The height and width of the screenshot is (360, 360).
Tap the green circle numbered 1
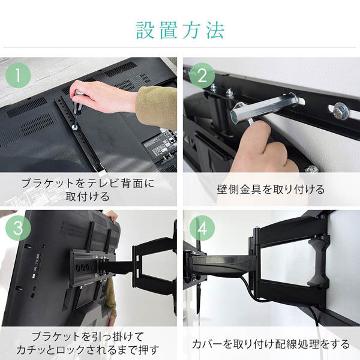coord(19,76)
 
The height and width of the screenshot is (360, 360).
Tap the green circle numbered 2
coord(202,76)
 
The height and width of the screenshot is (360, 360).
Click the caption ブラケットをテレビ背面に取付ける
coord(88,189)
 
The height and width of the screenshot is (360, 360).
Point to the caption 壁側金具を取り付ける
coord(271,190)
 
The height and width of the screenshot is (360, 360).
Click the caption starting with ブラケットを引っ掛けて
coord(88,341)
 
